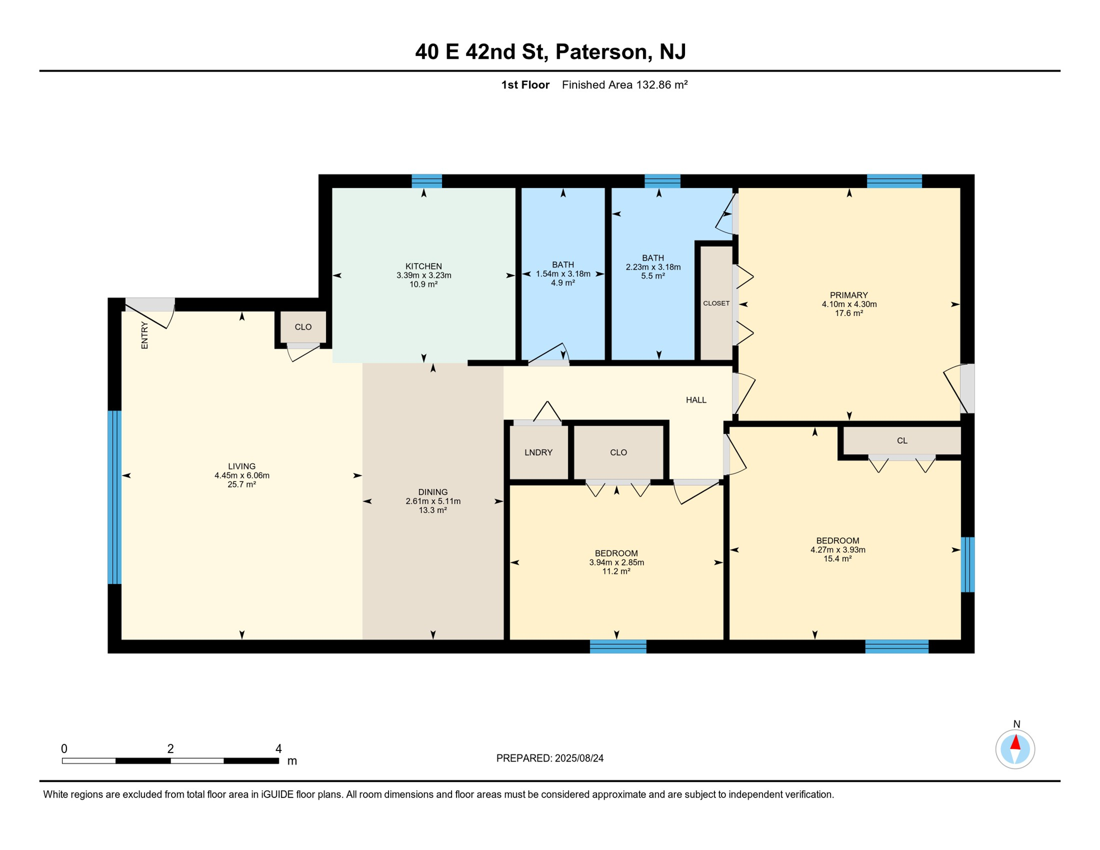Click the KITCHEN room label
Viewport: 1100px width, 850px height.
[423, 266]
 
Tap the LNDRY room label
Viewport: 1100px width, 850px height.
[538, 452]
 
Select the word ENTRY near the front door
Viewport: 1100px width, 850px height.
[145, 335]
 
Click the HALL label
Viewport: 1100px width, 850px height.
[696, 400]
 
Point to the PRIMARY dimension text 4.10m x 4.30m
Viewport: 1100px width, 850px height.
[849, 304]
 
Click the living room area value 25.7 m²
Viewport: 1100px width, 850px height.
[242, 484]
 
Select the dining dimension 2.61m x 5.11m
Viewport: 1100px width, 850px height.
[433, 501]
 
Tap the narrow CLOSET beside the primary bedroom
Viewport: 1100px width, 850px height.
[716, 303]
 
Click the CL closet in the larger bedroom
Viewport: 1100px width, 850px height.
[902, 440]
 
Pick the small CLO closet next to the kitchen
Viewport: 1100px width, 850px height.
[303, 327]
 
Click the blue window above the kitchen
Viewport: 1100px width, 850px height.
[427, 181]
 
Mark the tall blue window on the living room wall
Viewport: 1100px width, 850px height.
[114, 497]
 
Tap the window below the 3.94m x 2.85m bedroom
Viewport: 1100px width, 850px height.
[618, 646]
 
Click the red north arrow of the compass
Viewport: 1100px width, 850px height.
[1015, 742]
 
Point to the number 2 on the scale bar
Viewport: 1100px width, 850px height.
[170, 749]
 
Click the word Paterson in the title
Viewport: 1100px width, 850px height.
[601, 51]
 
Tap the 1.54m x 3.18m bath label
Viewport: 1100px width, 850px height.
[563, 274]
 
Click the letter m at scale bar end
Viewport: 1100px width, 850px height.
[292, 761]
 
